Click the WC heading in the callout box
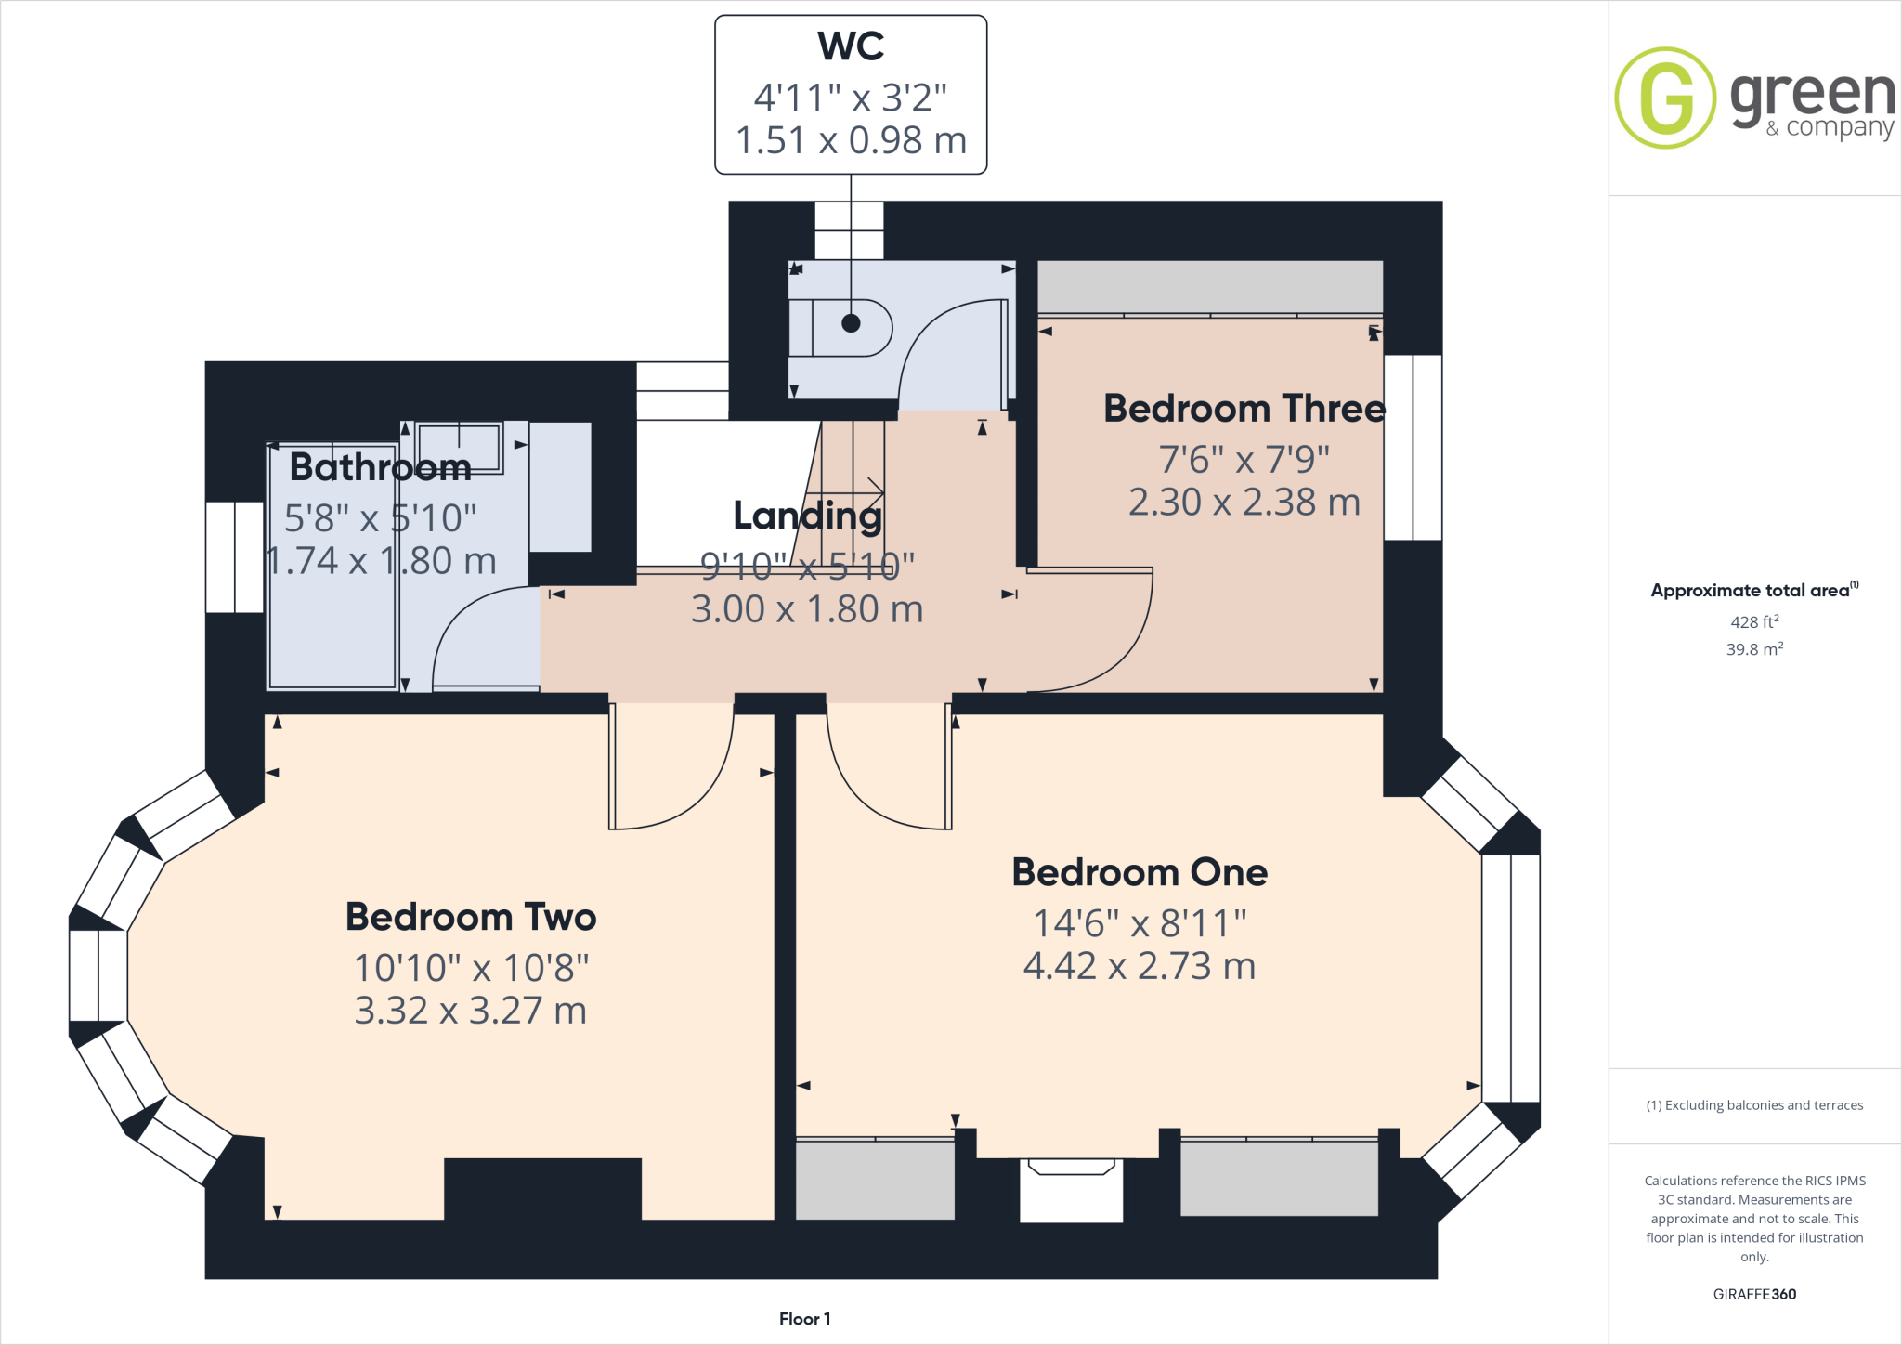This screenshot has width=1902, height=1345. pos(851,46)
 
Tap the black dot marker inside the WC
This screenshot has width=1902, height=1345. pos(851,323)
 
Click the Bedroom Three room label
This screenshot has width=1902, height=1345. pos(1244,409)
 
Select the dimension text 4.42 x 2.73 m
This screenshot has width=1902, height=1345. pos(1139,966)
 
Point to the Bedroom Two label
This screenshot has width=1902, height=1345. pos(470,917)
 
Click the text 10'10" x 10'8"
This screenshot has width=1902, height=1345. pos(471,968)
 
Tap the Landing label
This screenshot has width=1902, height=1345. pos(807,516)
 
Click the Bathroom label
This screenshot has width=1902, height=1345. pos(380,466)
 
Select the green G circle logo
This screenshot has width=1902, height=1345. pos(1665,98)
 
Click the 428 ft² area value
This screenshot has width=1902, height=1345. pos(1753,622)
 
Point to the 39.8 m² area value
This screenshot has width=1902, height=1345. pos(1753,649)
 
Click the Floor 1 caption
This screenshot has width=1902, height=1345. pos(804,1319)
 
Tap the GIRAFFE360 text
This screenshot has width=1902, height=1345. pos(1753,1294)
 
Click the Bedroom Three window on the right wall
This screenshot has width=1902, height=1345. pos(1413,447)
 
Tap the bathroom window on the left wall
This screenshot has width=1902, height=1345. pos(234,557)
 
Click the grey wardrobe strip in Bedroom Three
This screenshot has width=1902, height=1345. pos(1209,287)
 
